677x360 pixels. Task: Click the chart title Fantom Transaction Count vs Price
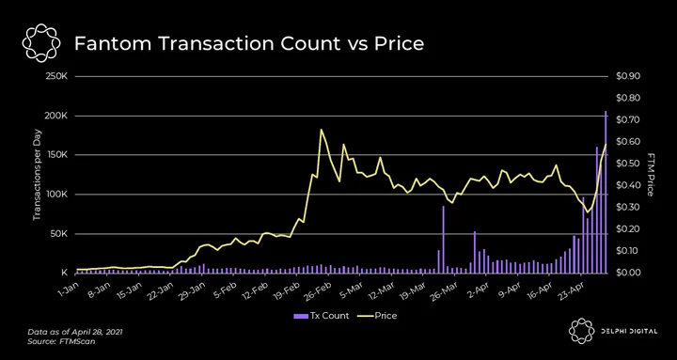(x=248, y=43)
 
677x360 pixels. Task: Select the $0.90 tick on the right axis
(x=627, y=76)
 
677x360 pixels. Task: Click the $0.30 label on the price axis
(x=627, y=207)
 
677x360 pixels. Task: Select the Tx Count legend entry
(x=322, y=316)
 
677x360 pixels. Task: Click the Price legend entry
(x=377, y=316)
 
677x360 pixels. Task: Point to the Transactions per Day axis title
(x=37, y=175)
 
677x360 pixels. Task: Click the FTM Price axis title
(x=651, y=175)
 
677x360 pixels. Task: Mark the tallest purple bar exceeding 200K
(x=606, y=192)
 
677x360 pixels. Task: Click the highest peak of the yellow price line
(x=322, y=130)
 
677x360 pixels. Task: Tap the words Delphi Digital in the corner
(x=628, y=331)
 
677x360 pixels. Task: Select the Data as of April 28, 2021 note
(x=75, y=333)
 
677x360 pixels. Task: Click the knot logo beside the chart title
(x=40, y=42)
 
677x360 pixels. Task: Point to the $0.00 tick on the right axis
(x=627, y=273)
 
